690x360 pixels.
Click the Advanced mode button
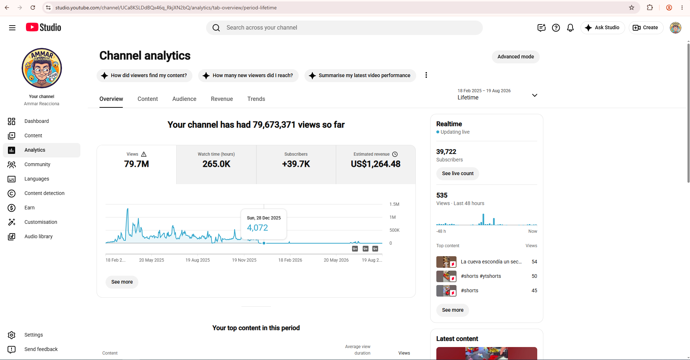click(516, 57)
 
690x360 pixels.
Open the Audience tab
click(184, 99)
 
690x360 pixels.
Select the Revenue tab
click(222, 99)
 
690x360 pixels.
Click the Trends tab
click(256, 99)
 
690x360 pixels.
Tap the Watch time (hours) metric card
click(216, 164)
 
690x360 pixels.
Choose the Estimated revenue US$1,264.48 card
click(376, 164)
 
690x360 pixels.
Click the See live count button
click(458, 173)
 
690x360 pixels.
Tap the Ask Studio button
click(602, 27)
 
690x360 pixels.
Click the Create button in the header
click(646, 27)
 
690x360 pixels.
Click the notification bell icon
click(570, 27)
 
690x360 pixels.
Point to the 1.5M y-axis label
click(394, 204)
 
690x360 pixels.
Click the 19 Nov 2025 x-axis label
click(244, 260)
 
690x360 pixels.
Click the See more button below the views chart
click(122, 282)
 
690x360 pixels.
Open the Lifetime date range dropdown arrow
click(535, 95)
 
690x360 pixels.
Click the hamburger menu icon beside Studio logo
click(12, 28)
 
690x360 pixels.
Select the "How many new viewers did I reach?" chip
click(248, 75)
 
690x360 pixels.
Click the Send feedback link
click(41, 349)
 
